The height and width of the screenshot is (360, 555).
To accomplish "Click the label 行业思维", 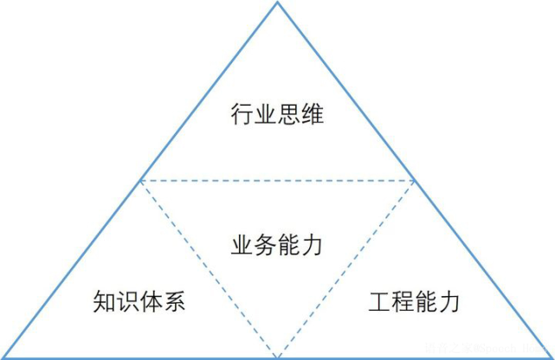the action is point(277,113).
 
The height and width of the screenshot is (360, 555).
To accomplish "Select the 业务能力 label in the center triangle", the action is point(277,245).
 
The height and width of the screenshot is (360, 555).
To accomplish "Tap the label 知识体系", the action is point(139,302).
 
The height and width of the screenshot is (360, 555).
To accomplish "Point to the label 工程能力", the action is point(414,302).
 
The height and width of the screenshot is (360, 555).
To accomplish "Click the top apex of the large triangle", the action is point(277,3).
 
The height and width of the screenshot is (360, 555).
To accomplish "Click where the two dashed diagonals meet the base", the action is point(277,357).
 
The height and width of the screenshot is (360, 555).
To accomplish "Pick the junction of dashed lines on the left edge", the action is point(140,180).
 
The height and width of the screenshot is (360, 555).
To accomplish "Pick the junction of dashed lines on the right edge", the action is point(414,180).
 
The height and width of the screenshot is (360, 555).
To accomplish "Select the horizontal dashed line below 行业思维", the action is point(277,180).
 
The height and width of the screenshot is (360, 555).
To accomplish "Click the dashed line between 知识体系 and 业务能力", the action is point(208,267).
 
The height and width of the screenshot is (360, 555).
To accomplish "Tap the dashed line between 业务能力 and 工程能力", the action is point(346,267).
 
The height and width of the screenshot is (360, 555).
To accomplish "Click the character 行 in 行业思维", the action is point(242,113).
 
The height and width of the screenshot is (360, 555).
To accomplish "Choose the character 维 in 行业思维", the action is point(313,113).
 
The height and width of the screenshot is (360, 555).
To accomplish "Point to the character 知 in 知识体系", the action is point(104,302).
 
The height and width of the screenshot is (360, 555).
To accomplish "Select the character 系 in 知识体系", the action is point(175,302).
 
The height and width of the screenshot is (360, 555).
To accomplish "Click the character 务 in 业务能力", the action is point(266,245).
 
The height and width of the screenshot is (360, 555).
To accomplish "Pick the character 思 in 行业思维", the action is point(289,113).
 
